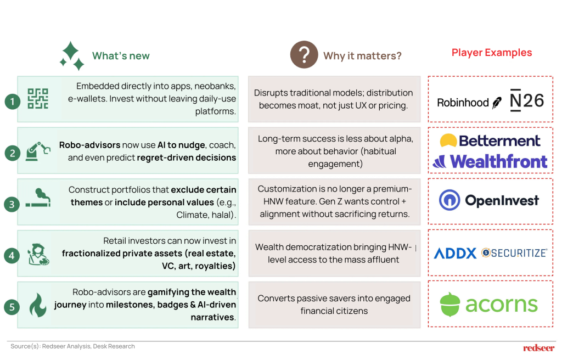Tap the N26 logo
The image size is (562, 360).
coord(526,100)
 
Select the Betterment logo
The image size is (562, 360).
coord(490,140)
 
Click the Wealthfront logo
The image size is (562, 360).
coord(490,161)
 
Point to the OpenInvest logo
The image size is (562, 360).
coord(489,200)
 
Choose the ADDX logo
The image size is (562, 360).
coord(455,253)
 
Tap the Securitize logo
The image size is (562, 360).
coord(514,253)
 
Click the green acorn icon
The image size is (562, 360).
coord(450,305)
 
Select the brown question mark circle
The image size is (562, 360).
coord(304,54)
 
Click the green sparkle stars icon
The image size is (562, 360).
coord(72,55)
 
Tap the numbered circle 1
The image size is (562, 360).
coord(12,102)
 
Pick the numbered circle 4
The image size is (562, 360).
coord(12,256)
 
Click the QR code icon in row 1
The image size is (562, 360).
coord(38,99)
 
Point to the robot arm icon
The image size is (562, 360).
coord(38,151)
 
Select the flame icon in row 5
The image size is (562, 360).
coord(38,305)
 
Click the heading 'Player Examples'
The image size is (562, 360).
coord(492,52)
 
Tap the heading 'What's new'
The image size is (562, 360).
coord(121,56)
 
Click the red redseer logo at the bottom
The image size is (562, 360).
coord(539,348)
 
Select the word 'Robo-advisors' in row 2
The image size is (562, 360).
coord(89,145)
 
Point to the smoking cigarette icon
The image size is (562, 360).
coord(38,198)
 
